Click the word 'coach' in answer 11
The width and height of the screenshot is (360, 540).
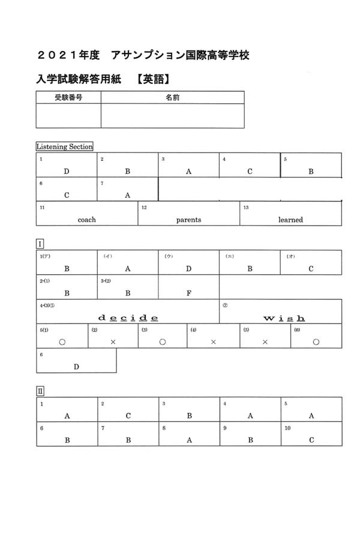[x=86, y=220]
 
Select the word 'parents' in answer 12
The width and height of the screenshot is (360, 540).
[x=188, y=220]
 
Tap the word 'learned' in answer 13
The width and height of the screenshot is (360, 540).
[x=290, y=220]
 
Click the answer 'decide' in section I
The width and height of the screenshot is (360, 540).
[x=128, y=317]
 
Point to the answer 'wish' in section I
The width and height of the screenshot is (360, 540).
[x=284, y=317]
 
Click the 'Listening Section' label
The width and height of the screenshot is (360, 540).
[x=64, y=146]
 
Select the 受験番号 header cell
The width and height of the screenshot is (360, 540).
[x=68, y=97]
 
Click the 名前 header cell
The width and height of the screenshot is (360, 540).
[x=172, y=97]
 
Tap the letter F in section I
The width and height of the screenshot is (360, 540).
[x=188, y=293]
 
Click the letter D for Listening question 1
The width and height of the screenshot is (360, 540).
[x=67, y=171]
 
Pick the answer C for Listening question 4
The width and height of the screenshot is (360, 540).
[x=250, y=171]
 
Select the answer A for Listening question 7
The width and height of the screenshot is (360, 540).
[x=127, y=195]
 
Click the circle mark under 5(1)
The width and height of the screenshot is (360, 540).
[x=62, y=341]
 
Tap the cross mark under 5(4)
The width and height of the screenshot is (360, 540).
[x=213, y=341]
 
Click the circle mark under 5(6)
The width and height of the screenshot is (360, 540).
[x=316, y=341]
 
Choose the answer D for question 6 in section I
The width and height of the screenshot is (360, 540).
[x=76, y=367]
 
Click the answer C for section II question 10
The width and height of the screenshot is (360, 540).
[x=311, y=440]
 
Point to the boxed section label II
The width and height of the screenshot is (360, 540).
[x=40, y=391]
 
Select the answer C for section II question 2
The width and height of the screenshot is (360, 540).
[x=128, y=415]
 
